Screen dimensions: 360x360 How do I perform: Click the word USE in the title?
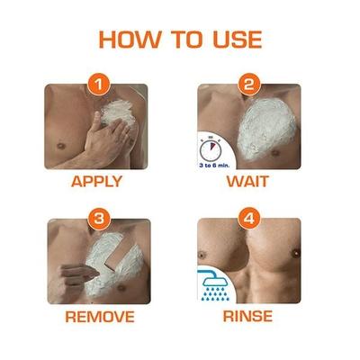coord(234,40)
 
